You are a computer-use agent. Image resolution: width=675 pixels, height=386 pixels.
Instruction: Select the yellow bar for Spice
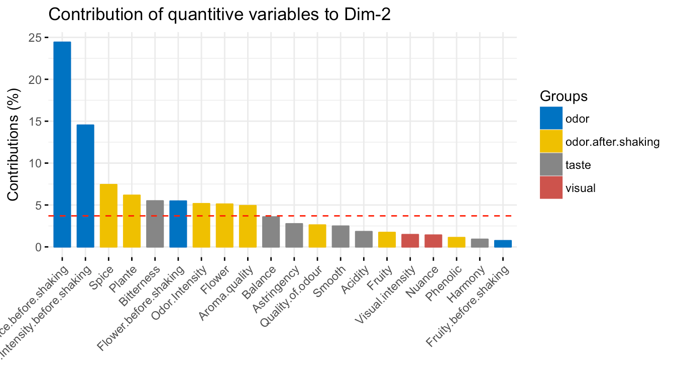108,216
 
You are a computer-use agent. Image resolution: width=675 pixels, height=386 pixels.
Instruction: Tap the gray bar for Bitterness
155,224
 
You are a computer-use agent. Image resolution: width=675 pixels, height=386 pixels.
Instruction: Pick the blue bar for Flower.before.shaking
178,224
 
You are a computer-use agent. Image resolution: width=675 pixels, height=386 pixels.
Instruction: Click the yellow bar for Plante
132,221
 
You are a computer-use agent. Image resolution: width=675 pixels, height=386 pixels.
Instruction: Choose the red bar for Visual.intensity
410,241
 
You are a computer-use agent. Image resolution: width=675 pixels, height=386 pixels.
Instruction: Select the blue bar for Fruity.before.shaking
503,244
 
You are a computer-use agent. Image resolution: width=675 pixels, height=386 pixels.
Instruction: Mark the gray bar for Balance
271,232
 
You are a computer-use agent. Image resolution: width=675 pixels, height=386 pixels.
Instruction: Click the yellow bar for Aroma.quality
248,226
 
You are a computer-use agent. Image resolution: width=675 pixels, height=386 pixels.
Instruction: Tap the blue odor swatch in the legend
551,119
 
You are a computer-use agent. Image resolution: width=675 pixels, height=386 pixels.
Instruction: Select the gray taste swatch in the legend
551,164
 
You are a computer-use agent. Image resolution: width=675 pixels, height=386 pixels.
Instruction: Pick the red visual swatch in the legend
551,187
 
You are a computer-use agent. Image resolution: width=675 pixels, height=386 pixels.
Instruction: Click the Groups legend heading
564,96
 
